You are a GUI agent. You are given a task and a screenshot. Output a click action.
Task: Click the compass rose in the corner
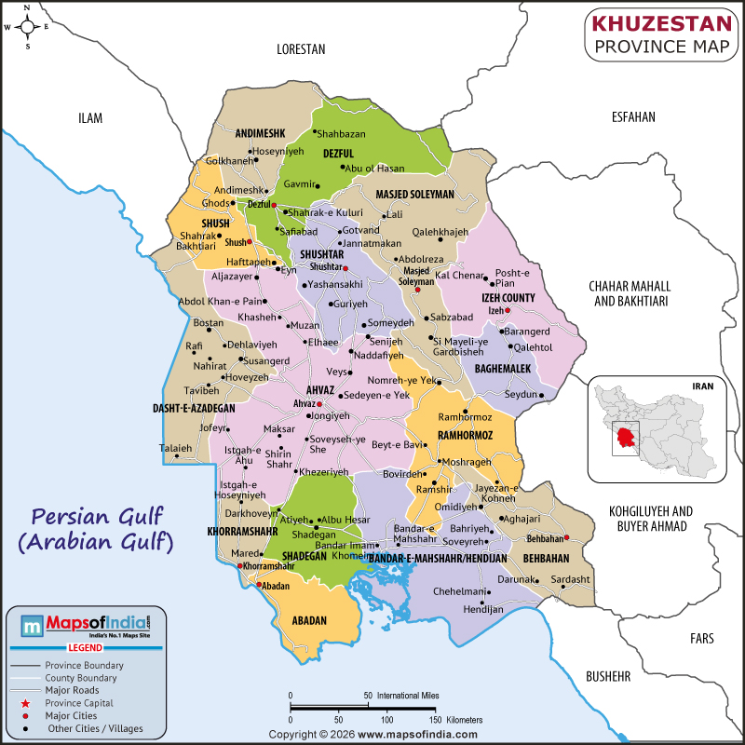[27, 26]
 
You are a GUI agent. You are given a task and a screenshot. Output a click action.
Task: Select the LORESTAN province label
[301, 48]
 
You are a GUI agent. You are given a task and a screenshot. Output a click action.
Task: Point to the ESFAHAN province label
[633, 117]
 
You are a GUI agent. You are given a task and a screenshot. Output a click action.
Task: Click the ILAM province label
[90, 118]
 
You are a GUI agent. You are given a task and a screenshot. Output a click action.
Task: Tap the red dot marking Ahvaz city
[318, 404]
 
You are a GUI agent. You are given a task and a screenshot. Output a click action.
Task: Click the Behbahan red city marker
[566, 538]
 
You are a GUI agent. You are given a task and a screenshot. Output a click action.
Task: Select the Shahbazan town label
[341, 134]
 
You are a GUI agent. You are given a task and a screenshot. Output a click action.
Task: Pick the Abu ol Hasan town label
[374, 168]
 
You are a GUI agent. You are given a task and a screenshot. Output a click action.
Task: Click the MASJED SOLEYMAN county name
[414, 195]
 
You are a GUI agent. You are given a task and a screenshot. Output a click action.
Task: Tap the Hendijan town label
[482, 610]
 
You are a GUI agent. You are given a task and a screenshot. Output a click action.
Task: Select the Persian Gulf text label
[97, 515]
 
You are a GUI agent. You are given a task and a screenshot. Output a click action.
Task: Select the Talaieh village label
[176, 448]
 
